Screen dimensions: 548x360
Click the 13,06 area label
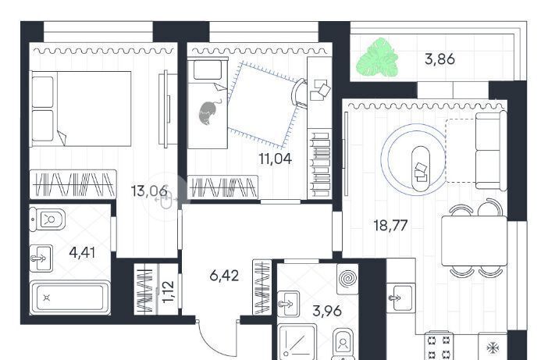point(149,191)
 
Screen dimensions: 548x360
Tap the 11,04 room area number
point(276,159)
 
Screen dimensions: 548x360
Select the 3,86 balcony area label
point(439,59)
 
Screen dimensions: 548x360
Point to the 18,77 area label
point(390,226)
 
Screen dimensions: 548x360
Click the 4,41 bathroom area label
point(82,252)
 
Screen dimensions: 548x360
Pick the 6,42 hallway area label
point(224,276)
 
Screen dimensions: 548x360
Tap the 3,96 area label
point(327,311)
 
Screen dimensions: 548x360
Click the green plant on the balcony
point(377,58)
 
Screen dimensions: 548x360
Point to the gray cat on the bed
point(209,112)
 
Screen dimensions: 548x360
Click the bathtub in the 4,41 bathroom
point(70,298)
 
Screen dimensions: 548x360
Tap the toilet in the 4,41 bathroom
point(47,219)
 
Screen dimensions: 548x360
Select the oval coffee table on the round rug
point(421,169)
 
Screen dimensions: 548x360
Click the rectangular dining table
point(474,241)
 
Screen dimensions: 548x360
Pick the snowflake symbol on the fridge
point(493,348)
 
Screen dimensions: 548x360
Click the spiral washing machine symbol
point(347,279)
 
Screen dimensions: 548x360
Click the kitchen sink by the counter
point(401,298)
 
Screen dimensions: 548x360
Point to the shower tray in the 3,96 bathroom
point(297,341)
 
